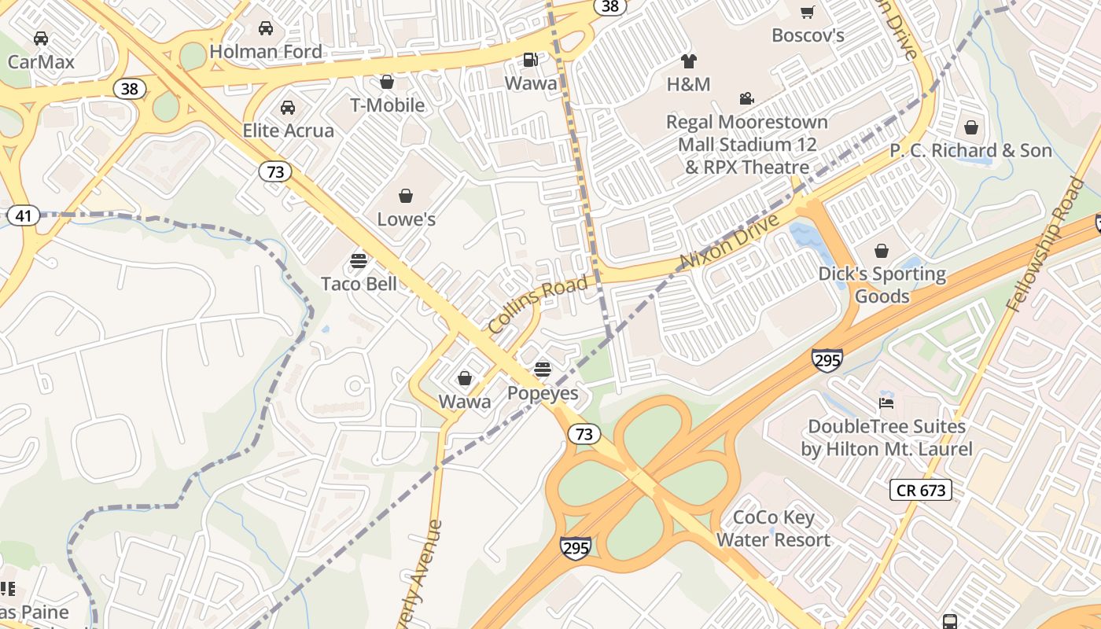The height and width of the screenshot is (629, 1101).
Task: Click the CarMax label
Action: pyautogui.click(x=41, y=61)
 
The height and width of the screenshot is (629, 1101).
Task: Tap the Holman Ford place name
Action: pyautogui.click(x=266, y=52)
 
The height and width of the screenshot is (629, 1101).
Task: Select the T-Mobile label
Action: pyautogui.click(x=387, y=105)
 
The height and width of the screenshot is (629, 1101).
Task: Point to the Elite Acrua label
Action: pyautogui.click(x=288, y=131)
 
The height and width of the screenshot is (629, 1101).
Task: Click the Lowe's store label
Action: pyautogui.click(x=406, y=219)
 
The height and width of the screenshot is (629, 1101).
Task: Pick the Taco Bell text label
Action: pyautogui.click(x=359, y=283)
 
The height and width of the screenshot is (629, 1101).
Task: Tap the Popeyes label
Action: pyautogui.click(x=543, y=393)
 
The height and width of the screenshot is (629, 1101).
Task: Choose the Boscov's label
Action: pyautogui.click(x=808, y=35)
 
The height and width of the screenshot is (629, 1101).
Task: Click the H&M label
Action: pyautogui.click(x=688, y=84)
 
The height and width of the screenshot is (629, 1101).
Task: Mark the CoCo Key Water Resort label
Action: pyautogui.click(x=773, y=528)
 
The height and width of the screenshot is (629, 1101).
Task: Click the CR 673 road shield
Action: pyautogui.click(x=921, y=491)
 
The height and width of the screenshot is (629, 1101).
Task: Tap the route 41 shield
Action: pyautogui.click(x=24, y=215)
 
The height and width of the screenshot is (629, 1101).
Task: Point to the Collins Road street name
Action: pyautogui.click(x=537, y=305)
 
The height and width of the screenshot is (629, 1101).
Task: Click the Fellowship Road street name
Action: pyautogui.click(x=1048, y=245)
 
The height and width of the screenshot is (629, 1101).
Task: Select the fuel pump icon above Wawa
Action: pyautogui.click(x=531, y=60)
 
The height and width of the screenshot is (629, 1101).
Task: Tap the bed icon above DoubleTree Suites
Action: pyautogui.click(x=886, y=403)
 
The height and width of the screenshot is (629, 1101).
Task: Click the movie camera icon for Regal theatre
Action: pyautogui.click(x=746, y=98)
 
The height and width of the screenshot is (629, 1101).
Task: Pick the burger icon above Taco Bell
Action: pyautogui.click(x=359, y=260)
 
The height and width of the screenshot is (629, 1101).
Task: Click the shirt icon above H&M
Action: pyautogui.click(x=688, y=61)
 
